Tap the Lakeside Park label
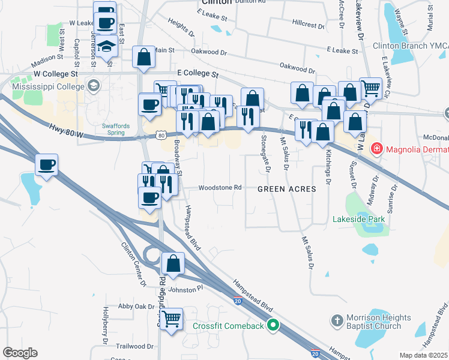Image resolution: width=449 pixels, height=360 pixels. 358,220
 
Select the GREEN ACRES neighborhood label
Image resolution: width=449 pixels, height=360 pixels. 286,189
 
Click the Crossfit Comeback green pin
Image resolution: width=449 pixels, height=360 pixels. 274,326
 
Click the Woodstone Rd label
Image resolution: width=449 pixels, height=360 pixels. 220,187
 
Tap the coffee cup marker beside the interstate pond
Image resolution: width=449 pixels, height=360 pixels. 46,164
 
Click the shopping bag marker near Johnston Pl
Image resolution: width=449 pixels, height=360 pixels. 173,263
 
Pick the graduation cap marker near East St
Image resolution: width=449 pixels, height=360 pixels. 106,46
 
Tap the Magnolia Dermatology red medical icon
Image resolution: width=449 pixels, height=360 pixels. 376,148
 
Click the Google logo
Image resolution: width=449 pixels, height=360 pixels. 19,353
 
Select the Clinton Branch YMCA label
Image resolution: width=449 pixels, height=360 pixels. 410,45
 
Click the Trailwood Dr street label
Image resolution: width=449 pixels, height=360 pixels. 135,346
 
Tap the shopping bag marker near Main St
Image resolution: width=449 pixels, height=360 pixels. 144,57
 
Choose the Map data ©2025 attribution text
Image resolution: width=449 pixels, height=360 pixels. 423,355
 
